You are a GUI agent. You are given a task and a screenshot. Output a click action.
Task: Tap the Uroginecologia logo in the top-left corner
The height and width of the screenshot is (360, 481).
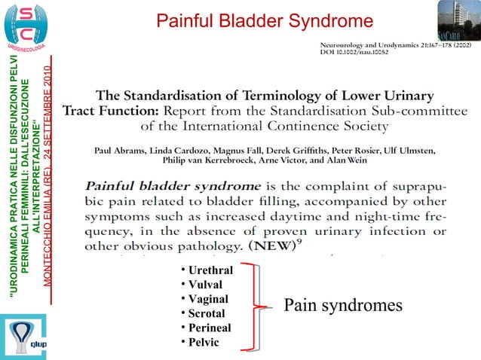[27, 26]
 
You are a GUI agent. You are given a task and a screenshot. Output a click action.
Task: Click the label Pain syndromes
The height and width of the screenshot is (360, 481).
[343, 305]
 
